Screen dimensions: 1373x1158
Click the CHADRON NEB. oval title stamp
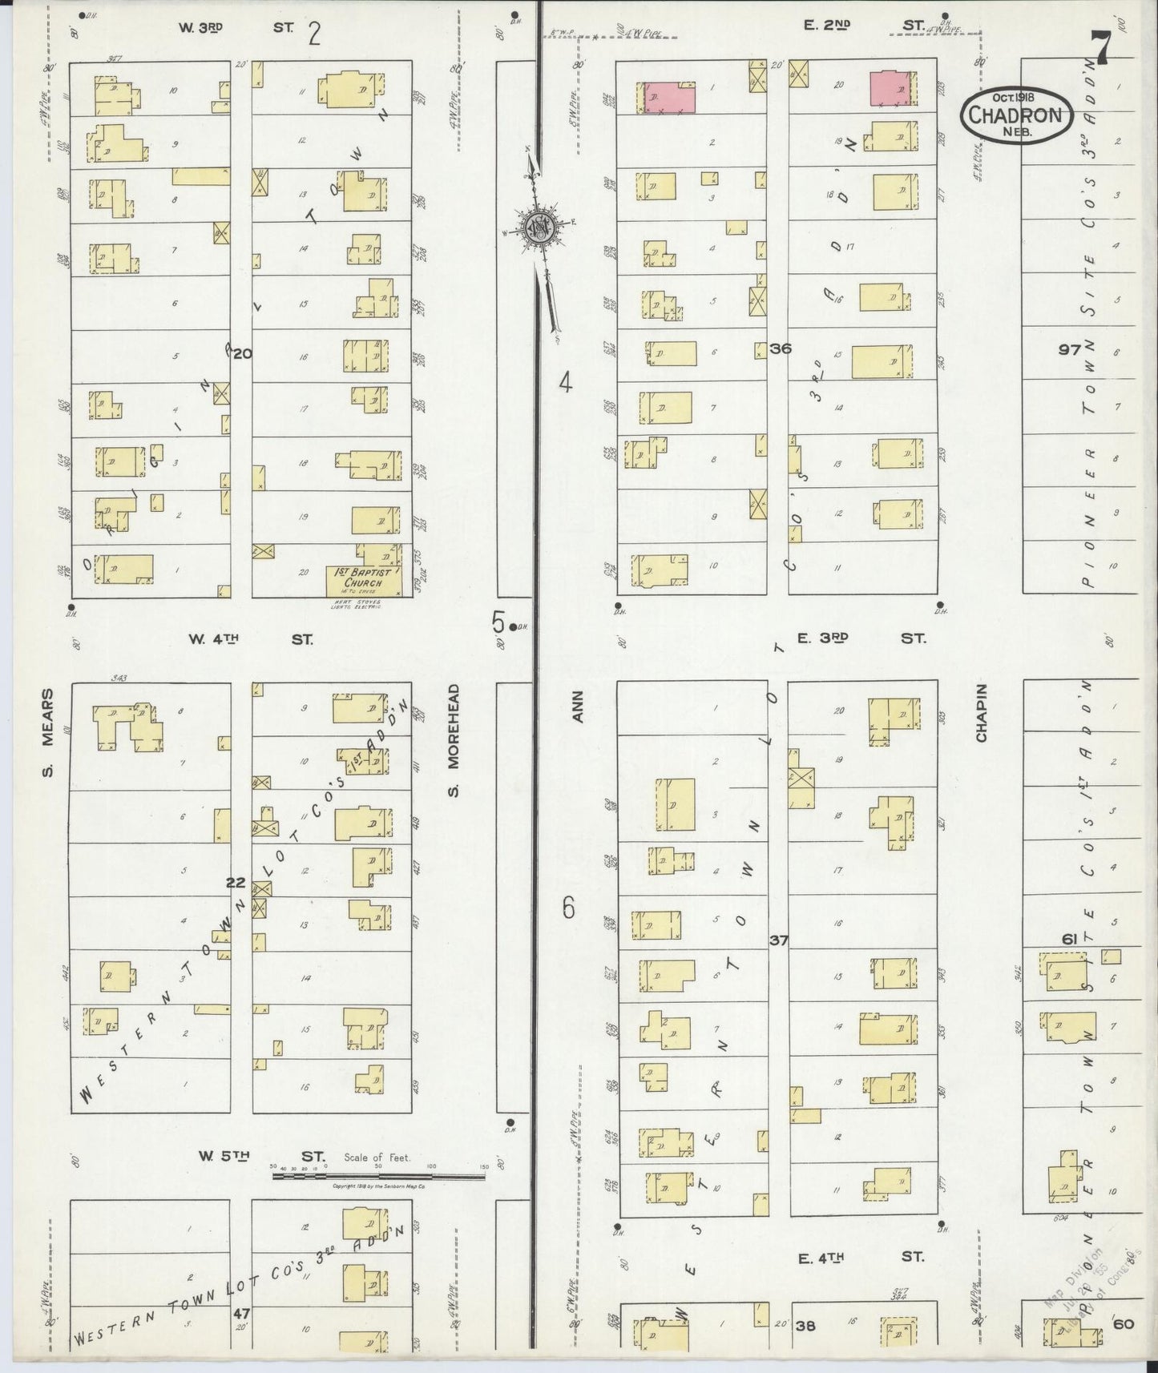[1017, 115]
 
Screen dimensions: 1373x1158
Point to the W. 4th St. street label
[250, 639]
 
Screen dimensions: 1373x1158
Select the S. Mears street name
[47, 732]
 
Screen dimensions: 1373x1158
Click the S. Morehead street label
[453, 739]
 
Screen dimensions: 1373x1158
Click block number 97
[1068, 349]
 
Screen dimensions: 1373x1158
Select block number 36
[780, 348]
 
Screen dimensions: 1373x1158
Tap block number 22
[235, 882]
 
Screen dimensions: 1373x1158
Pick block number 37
[778, 940]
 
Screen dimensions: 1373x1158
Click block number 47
[240, 1314]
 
